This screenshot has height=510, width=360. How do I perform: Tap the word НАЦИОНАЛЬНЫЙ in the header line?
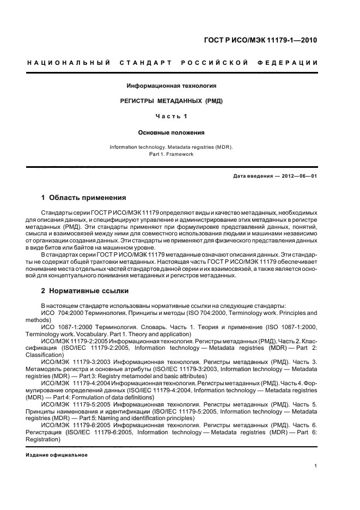pos(69,63)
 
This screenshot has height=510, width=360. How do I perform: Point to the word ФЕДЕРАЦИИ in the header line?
pos(291,63)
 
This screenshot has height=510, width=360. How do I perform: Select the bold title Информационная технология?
pos(172,86)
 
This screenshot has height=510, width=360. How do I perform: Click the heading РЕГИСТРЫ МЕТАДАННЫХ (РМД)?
pos(172,101)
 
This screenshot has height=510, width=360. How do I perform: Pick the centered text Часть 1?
pos(172,117)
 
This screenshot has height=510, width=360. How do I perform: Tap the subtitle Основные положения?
pos(172,132)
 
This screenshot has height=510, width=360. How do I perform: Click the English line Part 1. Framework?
pos(172,154)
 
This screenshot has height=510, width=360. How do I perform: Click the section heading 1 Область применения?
pos(84,198)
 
